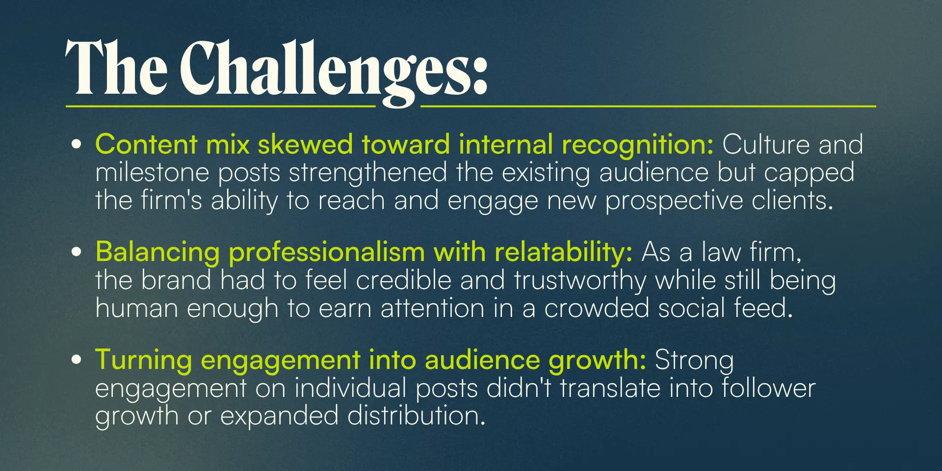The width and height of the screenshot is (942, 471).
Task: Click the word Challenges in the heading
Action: click(334, 71)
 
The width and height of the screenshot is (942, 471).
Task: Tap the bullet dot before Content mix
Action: click(76, 144)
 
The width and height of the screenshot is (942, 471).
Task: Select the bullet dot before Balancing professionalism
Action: click(76, 252)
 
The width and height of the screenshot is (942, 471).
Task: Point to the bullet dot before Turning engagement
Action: click(76, 360)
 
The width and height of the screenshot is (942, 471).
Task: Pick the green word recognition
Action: click(637, 145)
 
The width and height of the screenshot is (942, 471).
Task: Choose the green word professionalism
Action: click(327, 253)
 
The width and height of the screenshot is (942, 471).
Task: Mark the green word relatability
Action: click(563, 253)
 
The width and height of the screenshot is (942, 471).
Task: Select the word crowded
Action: click(596, 309)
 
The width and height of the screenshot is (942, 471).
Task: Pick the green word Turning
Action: click(144, 361)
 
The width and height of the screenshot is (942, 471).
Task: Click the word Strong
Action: click(694, 361)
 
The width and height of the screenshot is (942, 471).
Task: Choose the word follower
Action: click(768, 388)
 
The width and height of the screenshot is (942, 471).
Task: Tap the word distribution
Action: click(417, 416)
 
